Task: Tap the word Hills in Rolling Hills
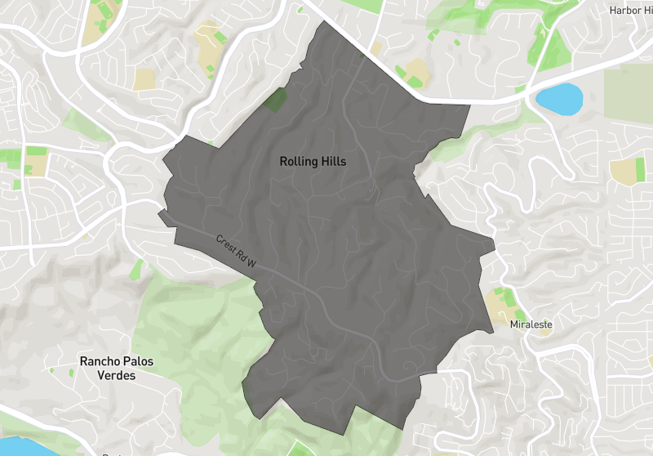[x=333, y=162]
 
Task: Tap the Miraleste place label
[x=531, y=324]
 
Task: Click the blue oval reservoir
[x=559, y=99]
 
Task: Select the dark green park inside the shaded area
[x=276, y=100]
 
